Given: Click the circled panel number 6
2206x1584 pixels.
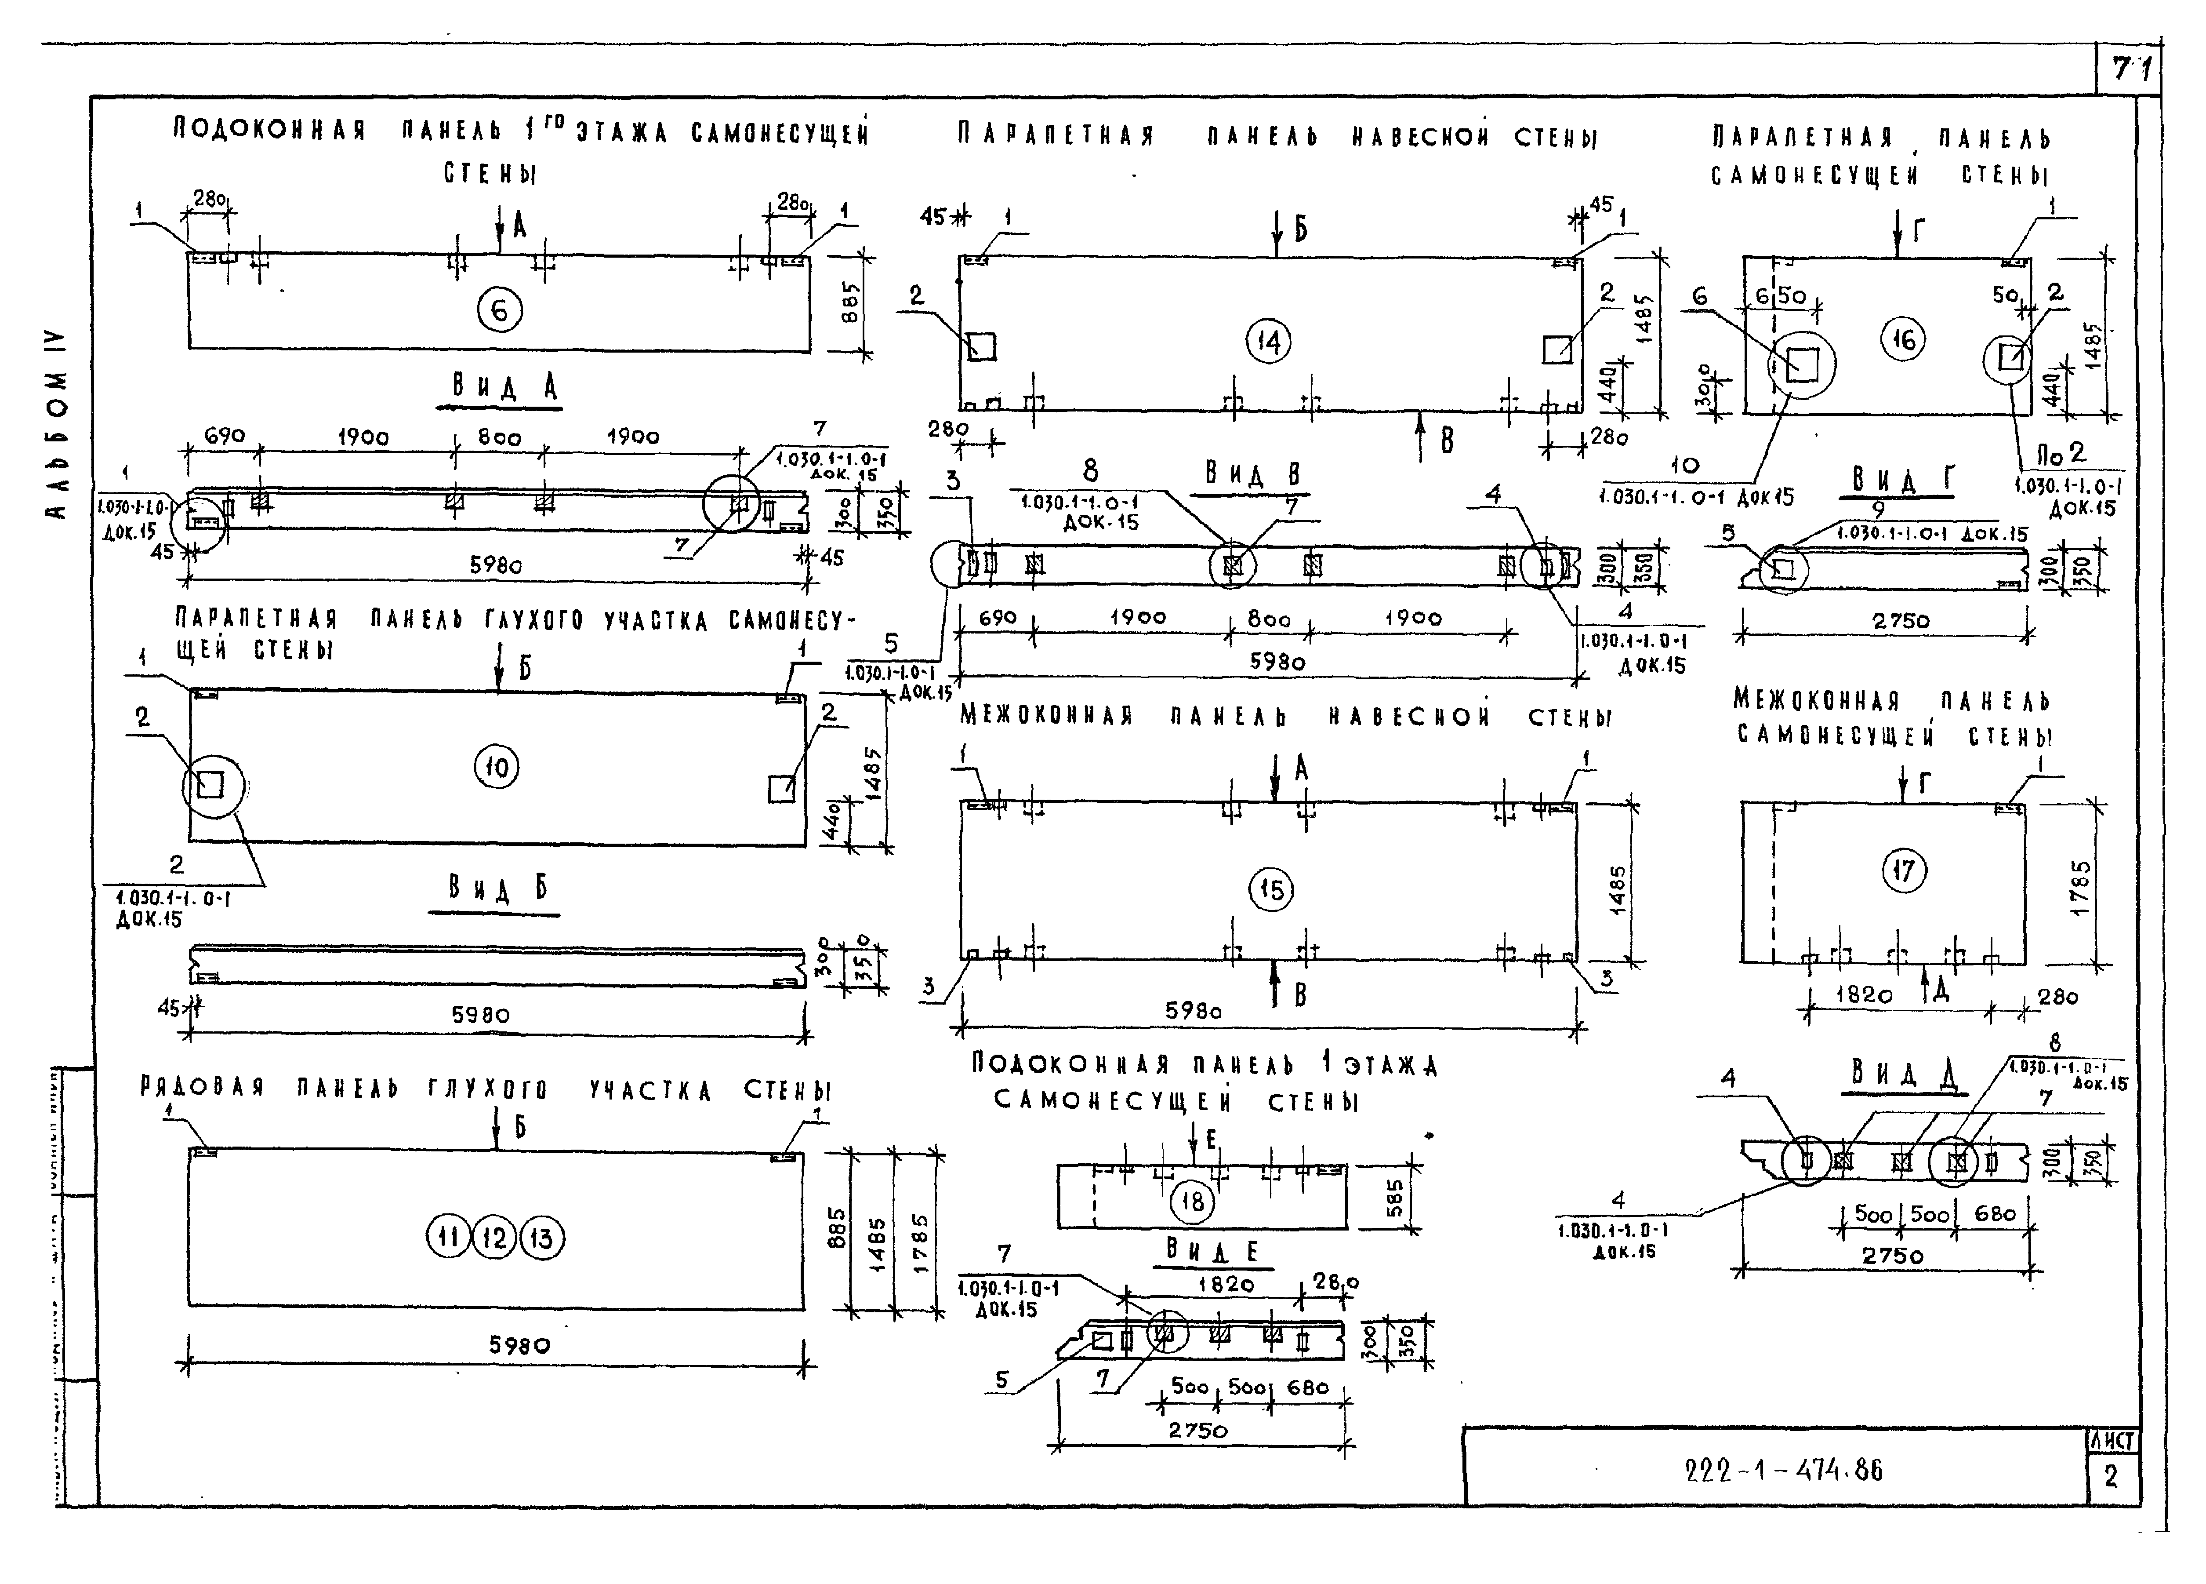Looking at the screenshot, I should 499,311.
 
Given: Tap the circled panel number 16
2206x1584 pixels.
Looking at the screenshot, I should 1904,339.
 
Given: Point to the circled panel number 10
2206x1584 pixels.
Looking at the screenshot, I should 496,768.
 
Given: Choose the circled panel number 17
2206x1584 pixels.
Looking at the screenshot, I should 1904,871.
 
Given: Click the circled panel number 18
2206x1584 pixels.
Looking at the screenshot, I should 1191,1202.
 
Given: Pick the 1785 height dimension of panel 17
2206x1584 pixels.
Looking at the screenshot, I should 2079,886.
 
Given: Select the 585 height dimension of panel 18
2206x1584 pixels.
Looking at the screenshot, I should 1394,1200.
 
